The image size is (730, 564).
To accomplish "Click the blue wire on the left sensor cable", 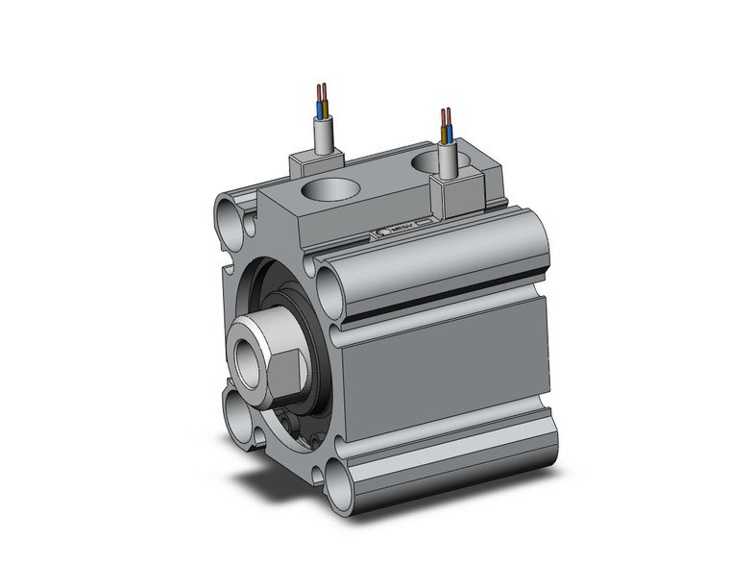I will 319,101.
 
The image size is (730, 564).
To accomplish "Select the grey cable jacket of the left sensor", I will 326,134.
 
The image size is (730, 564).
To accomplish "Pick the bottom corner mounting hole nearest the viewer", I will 337,480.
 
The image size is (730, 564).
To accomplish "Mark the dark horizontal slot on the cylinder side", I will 442,295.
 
